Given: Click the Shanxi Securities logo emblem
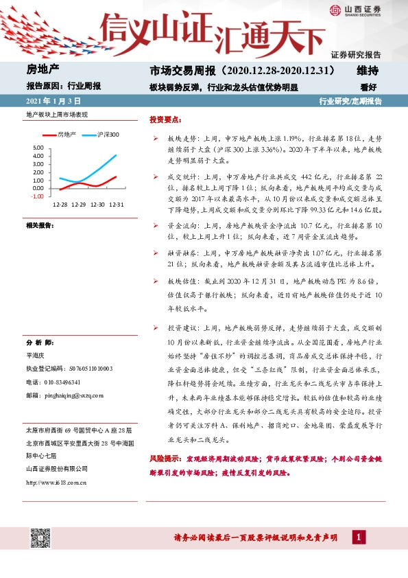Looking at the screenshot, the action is (x=334, y=10).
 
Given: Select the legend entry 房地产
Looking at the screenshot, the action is (x=67, y=135).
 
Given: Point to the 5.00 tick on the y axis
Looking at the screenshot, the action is (x=38, y=148).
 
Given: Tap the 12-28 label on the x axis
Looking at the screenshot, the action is (x=60, y=205).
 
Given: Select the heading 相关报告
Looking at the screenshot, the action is (x=39, y=225).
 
